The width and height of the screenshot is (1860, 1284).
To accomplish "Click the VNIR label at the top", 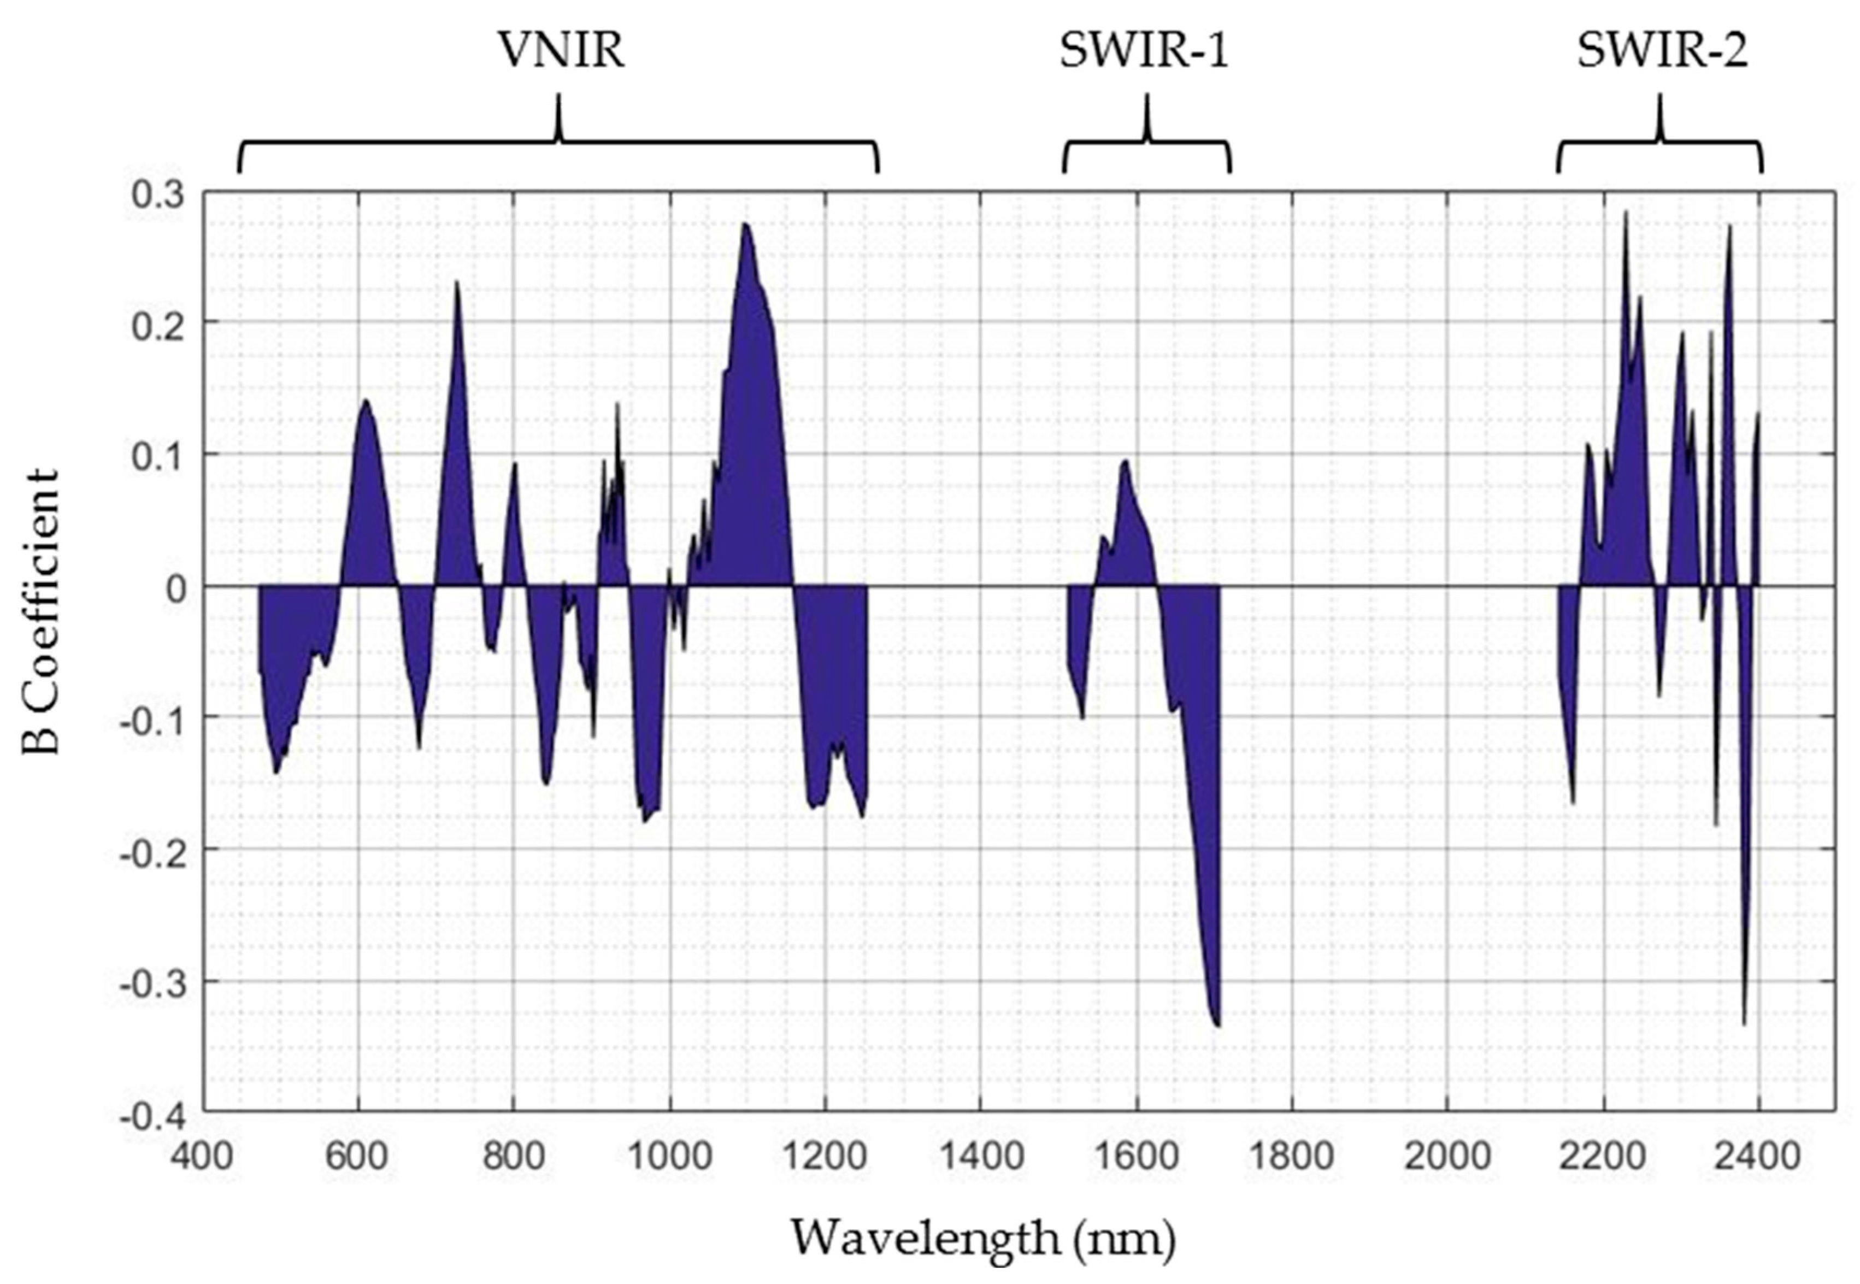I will [x=561, y=51].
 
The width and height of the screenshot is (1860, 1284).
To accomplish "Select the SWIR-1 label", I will [x=1144, y=51].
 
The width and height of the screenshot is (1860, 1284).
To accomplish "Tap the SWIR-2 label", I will [x=1661, y=51].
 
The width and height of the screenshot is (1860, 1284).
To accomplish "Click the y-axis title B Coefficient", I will [x=40, y=611].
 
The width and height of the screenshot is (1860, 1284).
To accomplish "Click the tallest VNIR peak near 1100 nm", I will [x=745, y=225].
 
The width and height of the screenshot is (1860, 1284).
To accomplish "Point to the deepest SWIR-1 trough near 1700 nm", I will [x=1217, y=1025].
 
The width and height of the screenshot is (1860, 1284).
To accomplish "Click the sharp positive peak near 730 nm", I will [x=456, y=283].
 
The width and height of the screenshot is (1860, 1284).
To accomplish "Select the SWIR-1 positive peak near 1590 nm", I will [x=1125, y=462].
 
